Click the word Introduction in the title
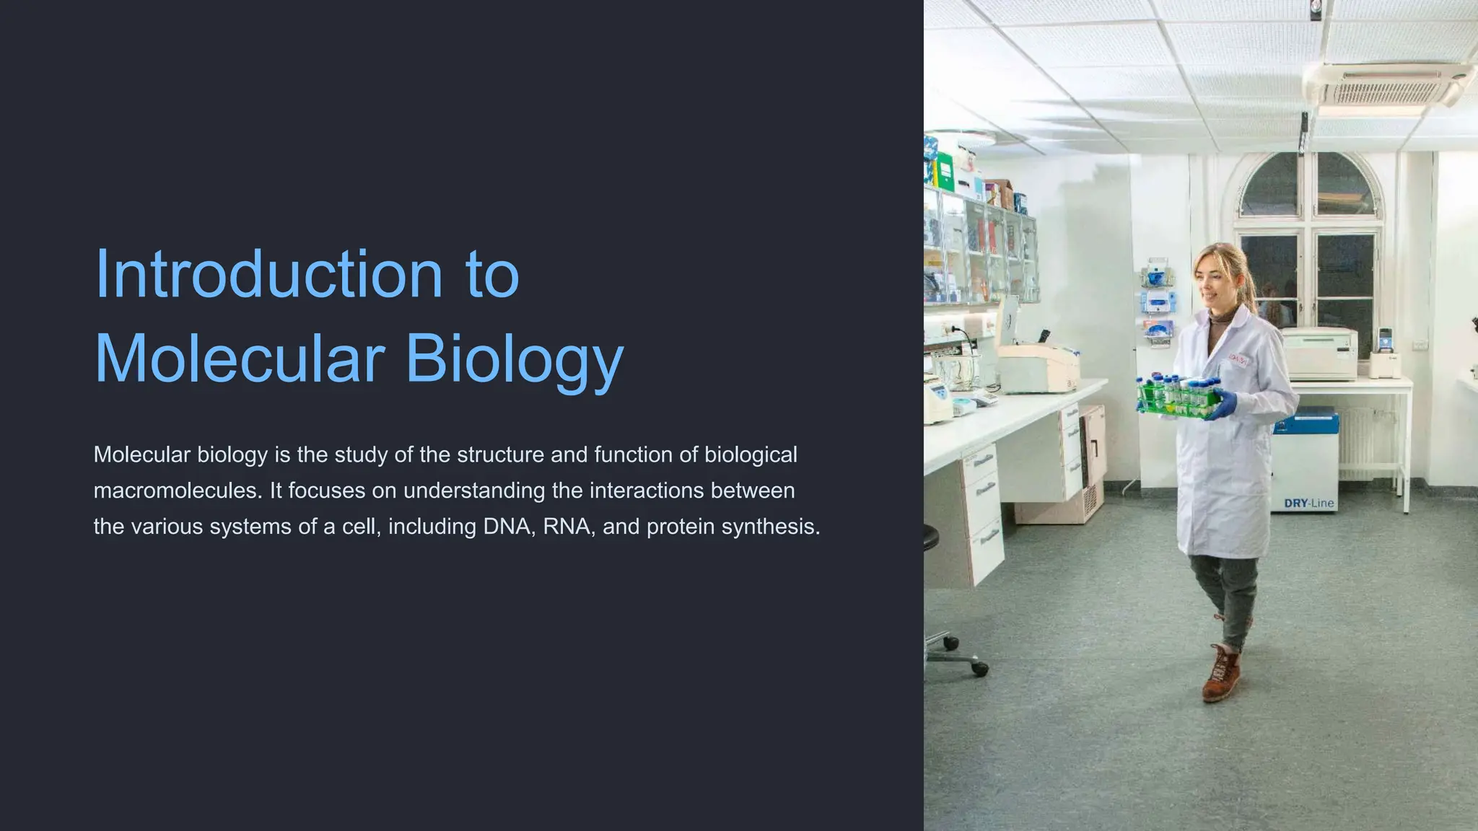[268, 274]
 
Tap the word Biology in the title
[514, 359]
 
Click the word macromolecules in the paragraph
[178, 491]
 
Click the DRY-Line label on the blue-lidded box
[1308, 503]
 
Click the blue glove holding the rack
[1221, 405]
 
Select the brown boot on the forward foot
[1222, 674]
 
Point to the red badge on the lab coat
[1238, 359]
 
